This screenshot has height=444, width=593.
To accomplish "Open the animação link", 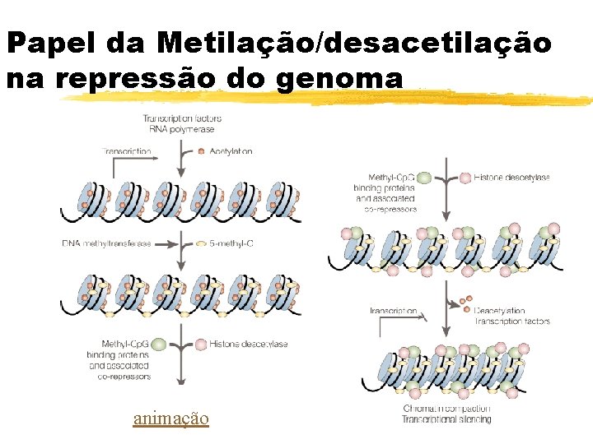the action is (170, 419).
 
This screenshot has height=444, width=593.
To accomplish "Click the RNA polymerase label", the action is (182, 130).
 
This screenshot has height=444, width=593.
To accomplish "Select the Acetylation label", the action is (231, 151).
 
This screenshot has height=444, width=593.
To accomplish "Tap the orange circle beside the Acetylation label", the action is (202, 151).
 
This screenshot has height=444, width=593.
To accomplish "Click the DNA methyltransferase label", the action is (106, 244).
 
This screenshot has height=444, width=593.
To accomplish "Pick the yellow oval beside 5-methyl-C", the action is (202, 244).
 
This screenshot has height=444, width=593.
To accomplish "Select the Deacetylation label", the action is (499, 311).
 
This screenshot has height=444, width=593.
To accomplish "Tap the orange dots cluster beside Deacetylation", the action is (465, 303).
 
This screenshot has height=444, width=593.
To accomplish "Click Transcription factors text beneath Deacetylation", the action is (511, 321).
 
